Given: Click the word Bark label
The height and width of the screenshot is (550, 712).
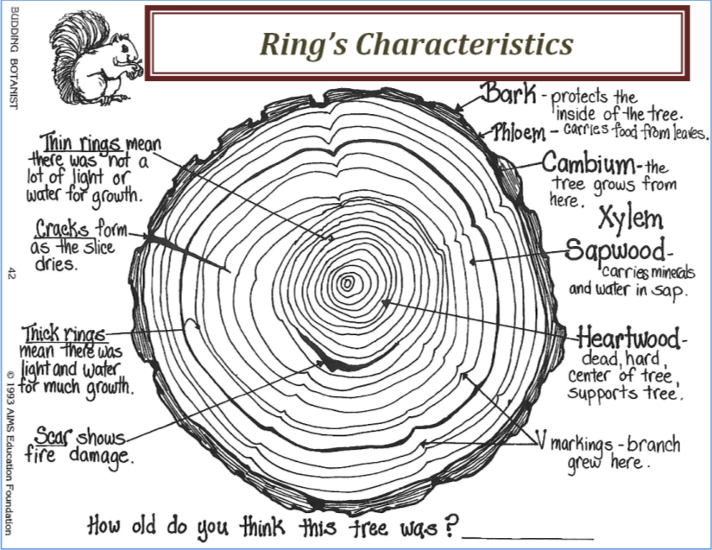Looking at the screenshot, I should coord(509,92).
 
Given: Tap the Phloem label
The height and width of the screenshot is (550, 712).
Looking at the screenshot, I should coord(520,133).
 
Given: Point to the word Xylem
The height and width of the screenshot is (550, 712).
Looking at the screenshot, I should coord(630,217).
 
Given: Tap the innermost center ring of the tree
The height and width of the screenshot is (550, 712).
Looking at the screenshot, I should coord(348,282).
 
